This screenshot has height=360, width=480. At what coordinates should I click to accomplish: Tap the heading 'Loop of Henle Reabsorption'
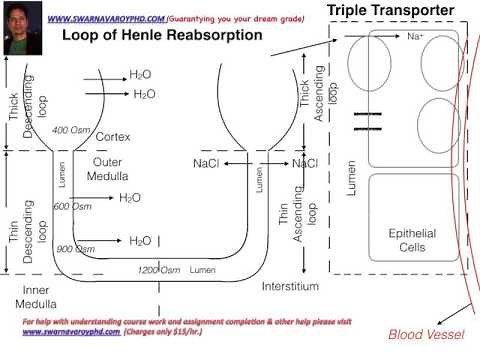point(162,35)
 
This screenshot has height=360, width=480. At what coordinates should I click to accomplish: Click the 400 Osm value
point(72,130)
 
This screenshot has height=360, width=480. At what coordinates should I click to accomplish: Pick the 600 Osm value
point(72,206)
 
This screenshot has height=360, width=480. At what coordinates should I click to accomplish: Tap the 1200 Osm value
point(159,270)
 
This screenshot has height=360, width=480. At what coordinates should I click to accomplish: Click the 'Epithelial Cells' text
point(411,240)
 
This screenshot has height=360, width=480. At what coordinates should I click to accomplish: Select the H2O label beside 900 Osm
point(140,241)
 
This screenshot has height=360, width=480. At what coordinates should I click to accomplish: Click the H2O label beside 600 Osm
point(130,198)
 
